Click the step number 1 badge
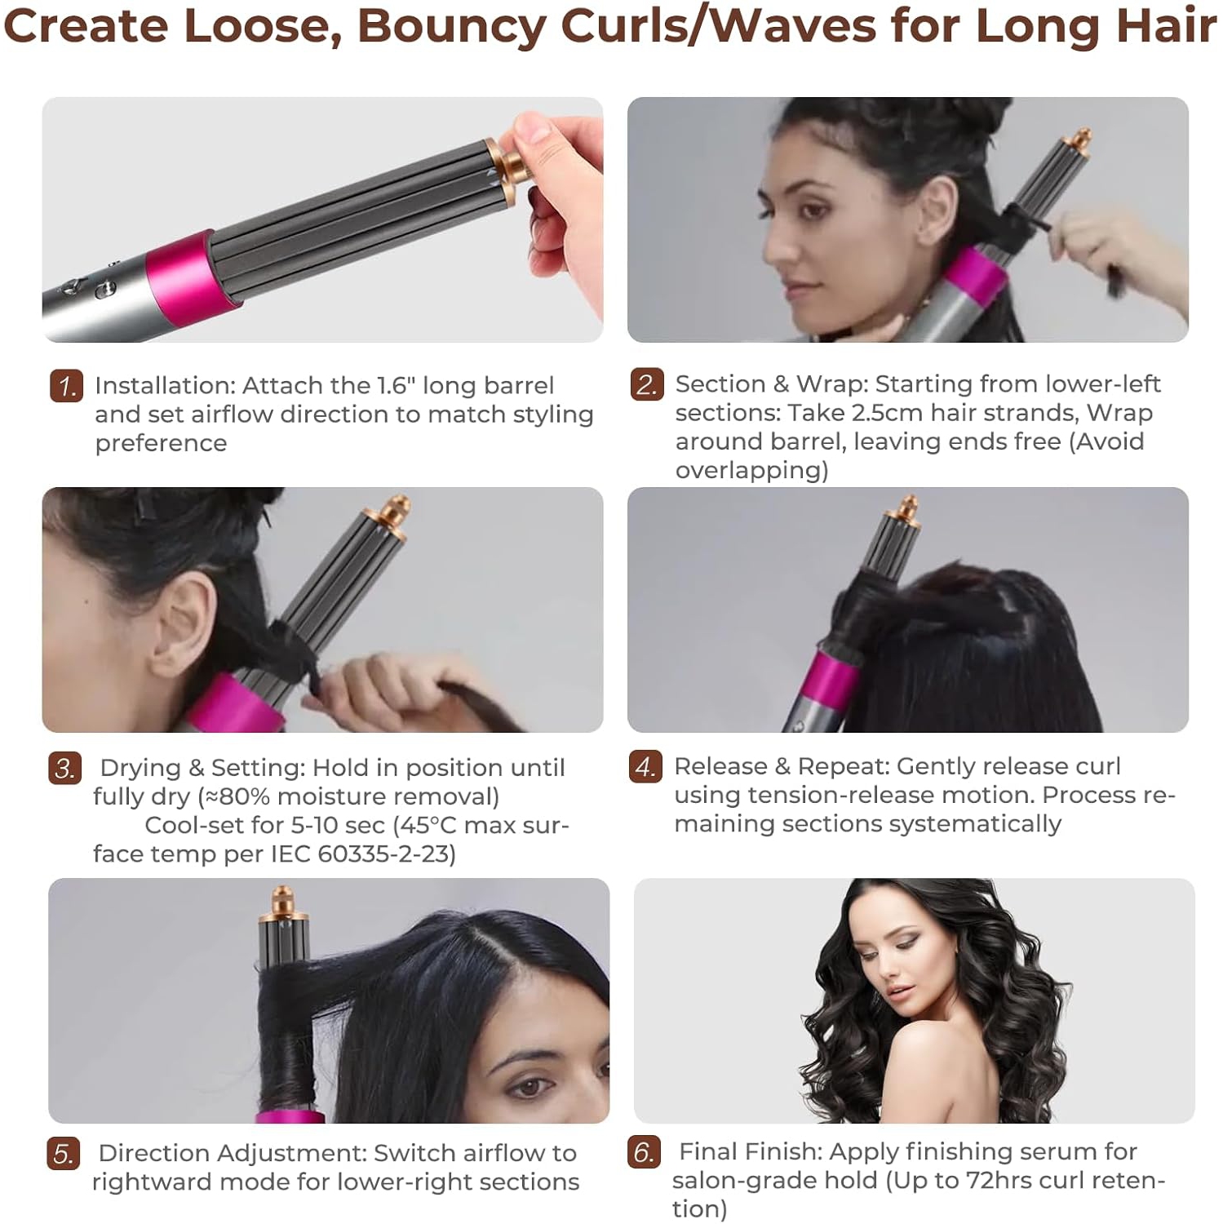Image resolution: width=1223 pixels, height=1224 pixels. pyautogui.click(x=66, y=386)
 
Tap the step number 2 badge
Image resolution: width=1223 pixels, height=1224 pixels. pyautogui.click(x=647, y=384)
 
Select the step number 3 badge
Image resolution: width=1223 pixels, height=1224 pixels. pyautogui.click(x=64, y=768)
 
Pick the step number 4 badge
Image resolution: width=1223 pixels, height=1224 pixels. pyautogui.click(x=645, y=767)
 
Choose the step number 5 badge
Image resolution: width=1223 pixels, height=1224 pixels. pyautogui.click(x=63, y=1154)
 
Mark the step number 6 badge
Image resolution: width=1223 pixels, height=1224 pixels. pyautogui.click(x=644, y=1152)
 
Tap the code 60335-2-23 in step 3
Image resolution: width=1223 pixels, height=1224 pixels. pyautogui.click(x=387, y=854)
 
